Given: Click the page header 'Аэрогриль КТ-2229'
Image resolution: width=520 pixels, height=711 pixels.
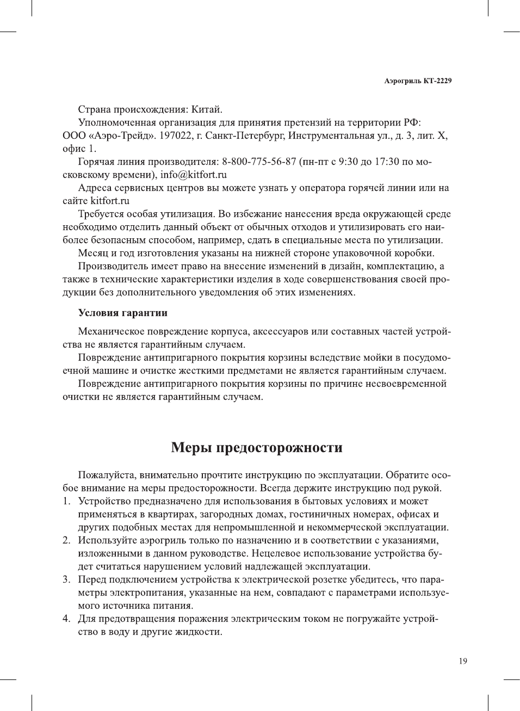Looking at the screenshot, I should tap(418, 81).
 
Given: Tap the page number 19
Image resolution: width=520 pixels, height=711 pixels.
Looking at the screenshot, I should tap(462, 661).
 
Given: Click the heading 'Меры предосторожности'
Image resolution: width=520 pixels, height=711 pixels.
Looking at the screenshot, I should tap(257, 448).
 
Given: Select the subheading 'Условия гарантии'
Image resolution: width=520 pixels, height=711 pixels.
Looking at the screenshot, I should tap(122, 313).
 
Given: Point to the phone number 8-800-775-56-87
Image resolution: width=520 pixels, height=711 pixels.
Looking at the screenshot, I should tap(259, 162).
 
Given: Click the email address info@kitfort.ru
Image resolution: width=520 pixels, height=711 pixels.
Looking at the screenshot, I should tap(193, 175).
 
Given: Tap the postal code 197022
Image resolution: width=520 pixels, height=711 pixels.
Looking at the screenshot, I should tap(175, 135).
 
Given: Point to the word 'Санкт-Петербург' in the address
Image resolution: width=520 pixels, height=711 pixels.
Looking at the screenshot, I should tap(243, 135).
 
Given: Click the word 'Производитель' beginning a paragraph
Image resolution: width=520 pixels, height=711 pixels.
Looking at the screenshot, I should tap(111, 266).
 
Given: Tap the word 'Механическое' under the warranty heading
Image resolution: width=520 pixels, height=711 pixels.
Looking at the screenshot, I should tap(111, 331).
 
